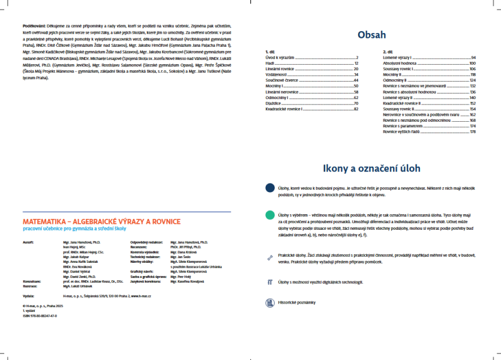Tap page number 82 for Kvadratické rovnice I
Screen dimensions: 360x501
[x=356, y=109]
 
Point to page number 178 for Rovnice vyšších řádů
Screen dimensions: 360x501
[x=473, y=132]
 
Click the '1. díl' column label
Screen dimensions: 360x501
[x=270, y=52]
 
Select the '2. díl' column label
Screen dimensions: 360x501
[x=388, y=52]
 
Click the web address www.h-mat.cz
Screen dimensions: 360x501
[x=148, y=296]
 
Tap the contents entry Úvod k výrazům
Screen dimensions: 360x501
[x=280, y=57]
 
